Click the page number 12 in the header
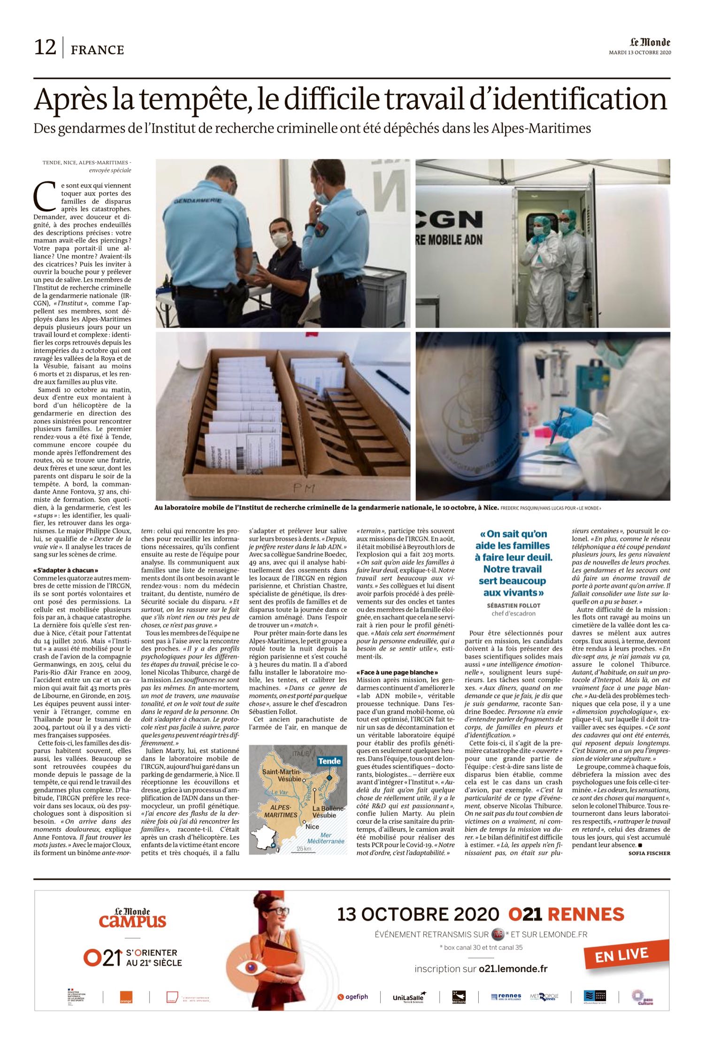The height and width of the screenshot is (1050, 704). click(x=45, y=48)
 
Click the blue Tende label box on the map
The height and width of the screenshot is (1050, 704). click(x=329, y=761)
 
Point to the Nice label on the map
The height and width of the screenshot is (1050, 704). click(x=312, y=826)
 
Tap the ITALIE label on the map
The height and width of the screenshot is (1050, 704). click(x=301, y=753)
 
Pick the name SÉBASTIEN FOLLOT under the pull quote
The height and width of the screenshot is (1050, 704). click(x=513, y=605)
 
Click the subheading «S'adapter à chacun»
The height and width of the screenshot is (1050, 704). click(x=66, y=570)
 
